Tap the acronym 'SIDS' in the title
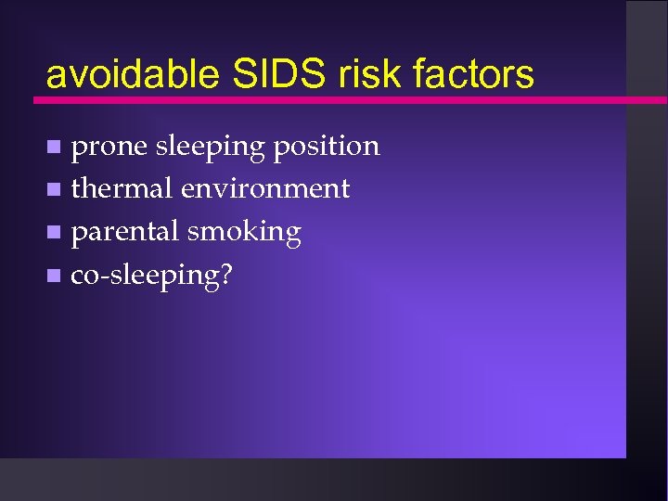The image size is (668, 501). click(x=259, y=74)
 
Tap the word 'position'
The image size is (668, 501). click(x=326, y=147)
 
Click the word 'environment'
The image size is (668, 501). click(x=265, y=189)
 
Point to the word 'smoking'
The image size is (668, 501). click(x=244, y=233)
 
